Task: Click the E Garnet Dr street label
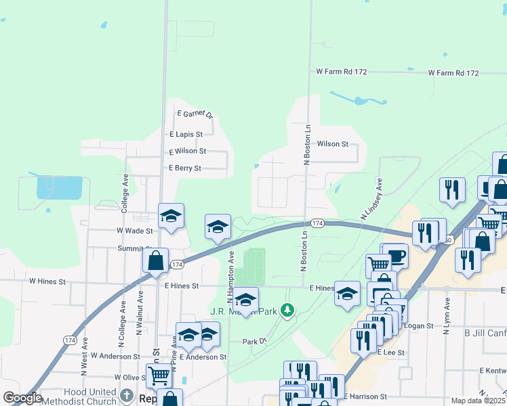click(x=195, y=114)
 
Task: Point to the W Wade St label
click(x=135, y=231)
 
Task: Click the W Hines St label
click(x=47, y=281)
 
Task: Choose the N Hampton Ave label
click(x=230, y=277)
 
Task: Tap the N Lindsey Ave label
click(x=371, y=198)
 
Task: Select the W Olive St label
click(x=131, y=377)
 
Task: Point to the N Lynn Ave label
click(x=446, y=319)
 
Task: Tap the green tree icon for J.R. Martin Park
click(x=288, y=311)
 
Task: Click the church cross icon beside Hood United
click(x=127, y=394)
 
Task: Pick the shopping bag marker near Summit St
click(x=156, y=261)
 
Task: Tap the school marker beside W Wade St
click(x=171, y=216)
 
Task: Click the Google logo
click(x=22, y=398)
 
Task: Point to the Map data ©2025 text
click(x=478, y=401)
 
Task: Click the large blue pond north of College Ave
click(x=60, y=187)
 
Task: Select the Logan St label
click(x=420, y=325)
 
